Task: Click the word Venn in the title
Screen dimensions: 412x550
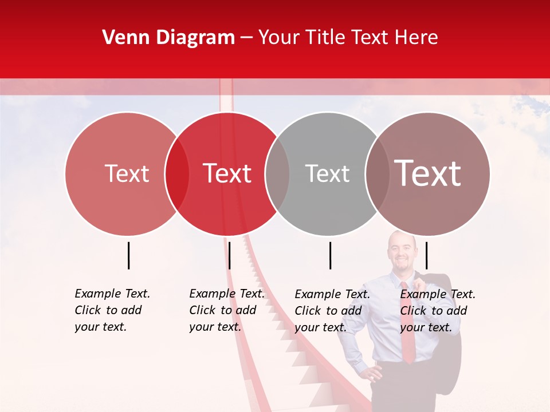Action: coord(125,38)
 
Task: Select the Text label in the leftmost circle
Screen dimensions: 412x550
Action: coord(127,173)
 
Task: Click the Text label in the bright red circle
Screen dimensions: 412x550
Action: coord(227,173)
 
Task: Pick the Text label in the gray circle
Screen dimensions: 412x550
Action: coord(327,173)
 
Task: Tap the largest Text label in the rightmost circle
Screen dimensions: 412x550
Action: coord(427,173)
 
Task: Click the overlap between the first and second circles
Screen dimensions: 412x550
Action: coord(177,174)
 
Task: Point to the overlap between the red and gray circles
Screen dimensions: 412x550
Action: coord(277,174)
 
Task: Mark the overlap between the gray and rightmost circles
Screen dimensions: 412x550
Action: coord(378,174)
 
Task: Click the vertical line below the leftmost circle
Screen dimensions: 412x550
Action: coord(129,255)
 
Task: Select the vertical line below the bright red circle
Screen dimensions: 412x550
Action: coord(229,255)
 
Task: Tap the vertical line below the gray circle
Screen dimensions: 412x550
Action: coord(330,255)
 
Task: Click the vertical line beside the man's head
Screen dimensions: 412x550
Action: coord(426,255)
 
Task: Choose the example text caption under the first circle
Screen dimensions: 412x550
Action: coord(112,310)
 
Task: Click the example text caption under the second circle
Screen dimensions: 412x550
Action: coord(226,310)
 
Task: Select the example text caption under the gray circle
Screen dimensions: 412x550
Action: coord(332,311)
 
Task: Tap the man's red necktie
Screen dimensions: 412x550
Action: coord(407,326)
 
